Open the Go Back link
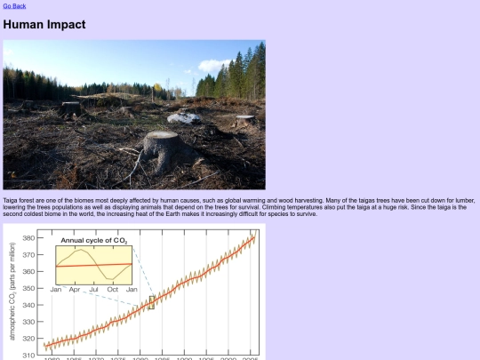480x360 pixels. tap(14, 6)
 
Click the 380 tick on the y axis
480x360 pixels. tap(29, 238)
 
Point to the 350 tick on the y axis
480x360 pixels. tap(29, 288)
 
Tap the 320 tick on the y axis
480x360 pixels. tap(29, 339)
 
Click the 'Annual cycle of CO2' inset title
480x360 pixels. tap(94, 241)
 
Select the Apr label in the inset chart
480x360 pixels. tap(75, 290)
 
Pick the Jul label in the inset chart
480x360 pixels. tap(93, 290)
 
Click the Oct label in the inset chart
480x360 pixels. tap(113, 290)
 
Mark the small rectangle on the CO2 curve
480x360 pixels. tap(151, 302)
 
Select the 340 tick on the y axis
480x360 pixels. tap(29, 305)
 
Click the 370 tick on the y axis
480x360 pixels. tap(29, 255)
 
